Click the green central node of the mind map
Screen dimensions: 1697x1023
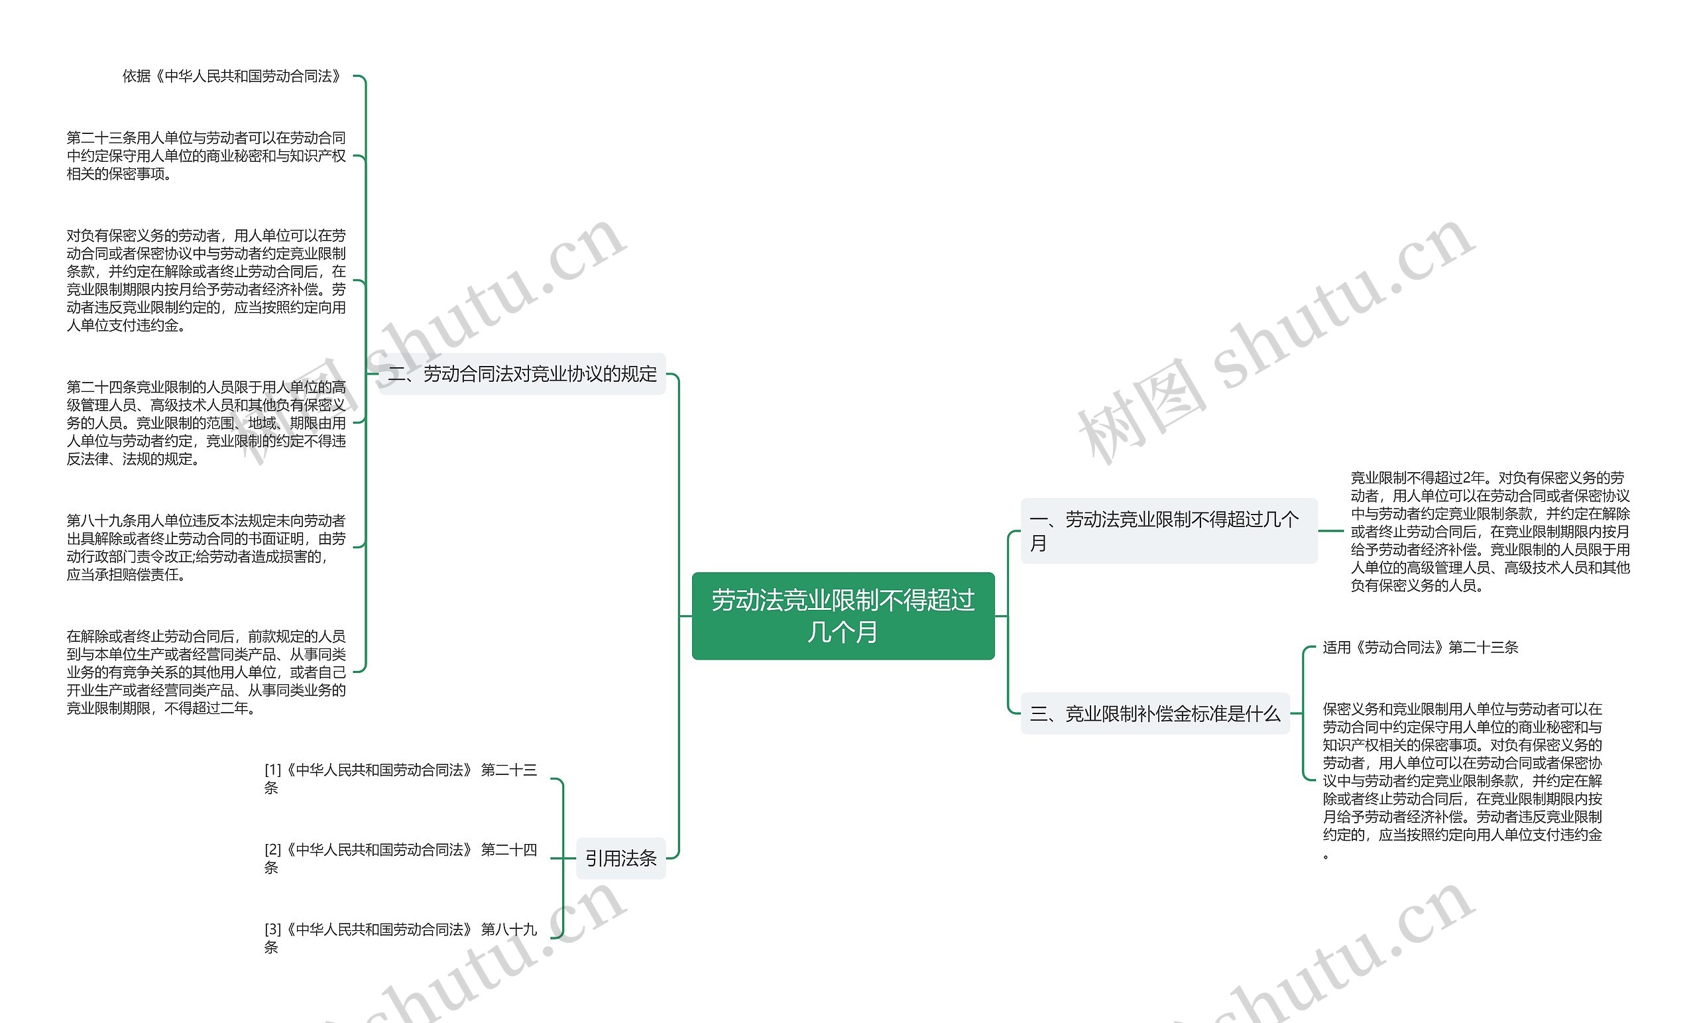pos(843,616)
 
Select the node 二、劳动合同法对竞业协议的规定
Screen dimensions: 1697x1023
pos(522,374)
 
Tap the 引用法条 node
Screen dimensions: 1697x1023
pos(620,859)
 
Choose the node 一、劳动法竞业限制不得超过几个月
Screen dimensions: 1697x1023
pos(1168,530)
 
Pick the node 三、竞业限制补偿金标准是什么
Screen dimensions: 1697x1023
pos(1154,713)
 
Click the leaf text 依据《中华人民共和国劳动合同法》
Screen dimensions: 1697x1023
pos(232,76)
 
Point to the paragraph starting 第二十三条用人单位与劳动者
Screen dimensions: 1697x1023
pos(206,156)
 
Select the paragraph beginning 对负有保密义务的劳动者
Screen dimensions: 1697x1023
pos(206,280)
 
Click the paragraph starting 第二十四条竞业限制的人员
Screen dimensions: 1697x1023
pos(206,423)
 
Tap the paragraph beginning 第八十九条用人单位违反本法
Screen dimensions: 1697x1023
pos(206,547)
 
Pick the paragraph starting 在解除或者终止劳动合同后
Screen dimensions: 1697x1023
pos(206,672)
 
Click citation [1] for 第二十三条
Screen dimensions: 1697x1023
pos(400,778)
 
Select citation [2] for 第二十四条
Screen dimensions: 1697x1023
pos(400,859)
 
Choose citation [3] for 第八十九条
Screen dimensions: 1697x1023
pos(400,938)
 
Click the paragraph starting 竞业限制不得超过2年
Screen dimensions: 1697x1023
pos(1490,531)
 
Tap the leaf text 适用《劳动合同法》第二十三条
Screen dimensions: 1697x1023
pos(1420,648)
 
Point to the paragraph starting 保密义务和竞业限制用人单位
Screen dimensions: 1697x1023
pos(1462,780)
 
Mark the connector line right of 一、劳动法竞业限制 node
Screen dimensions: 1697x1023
pos(1330,531)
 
